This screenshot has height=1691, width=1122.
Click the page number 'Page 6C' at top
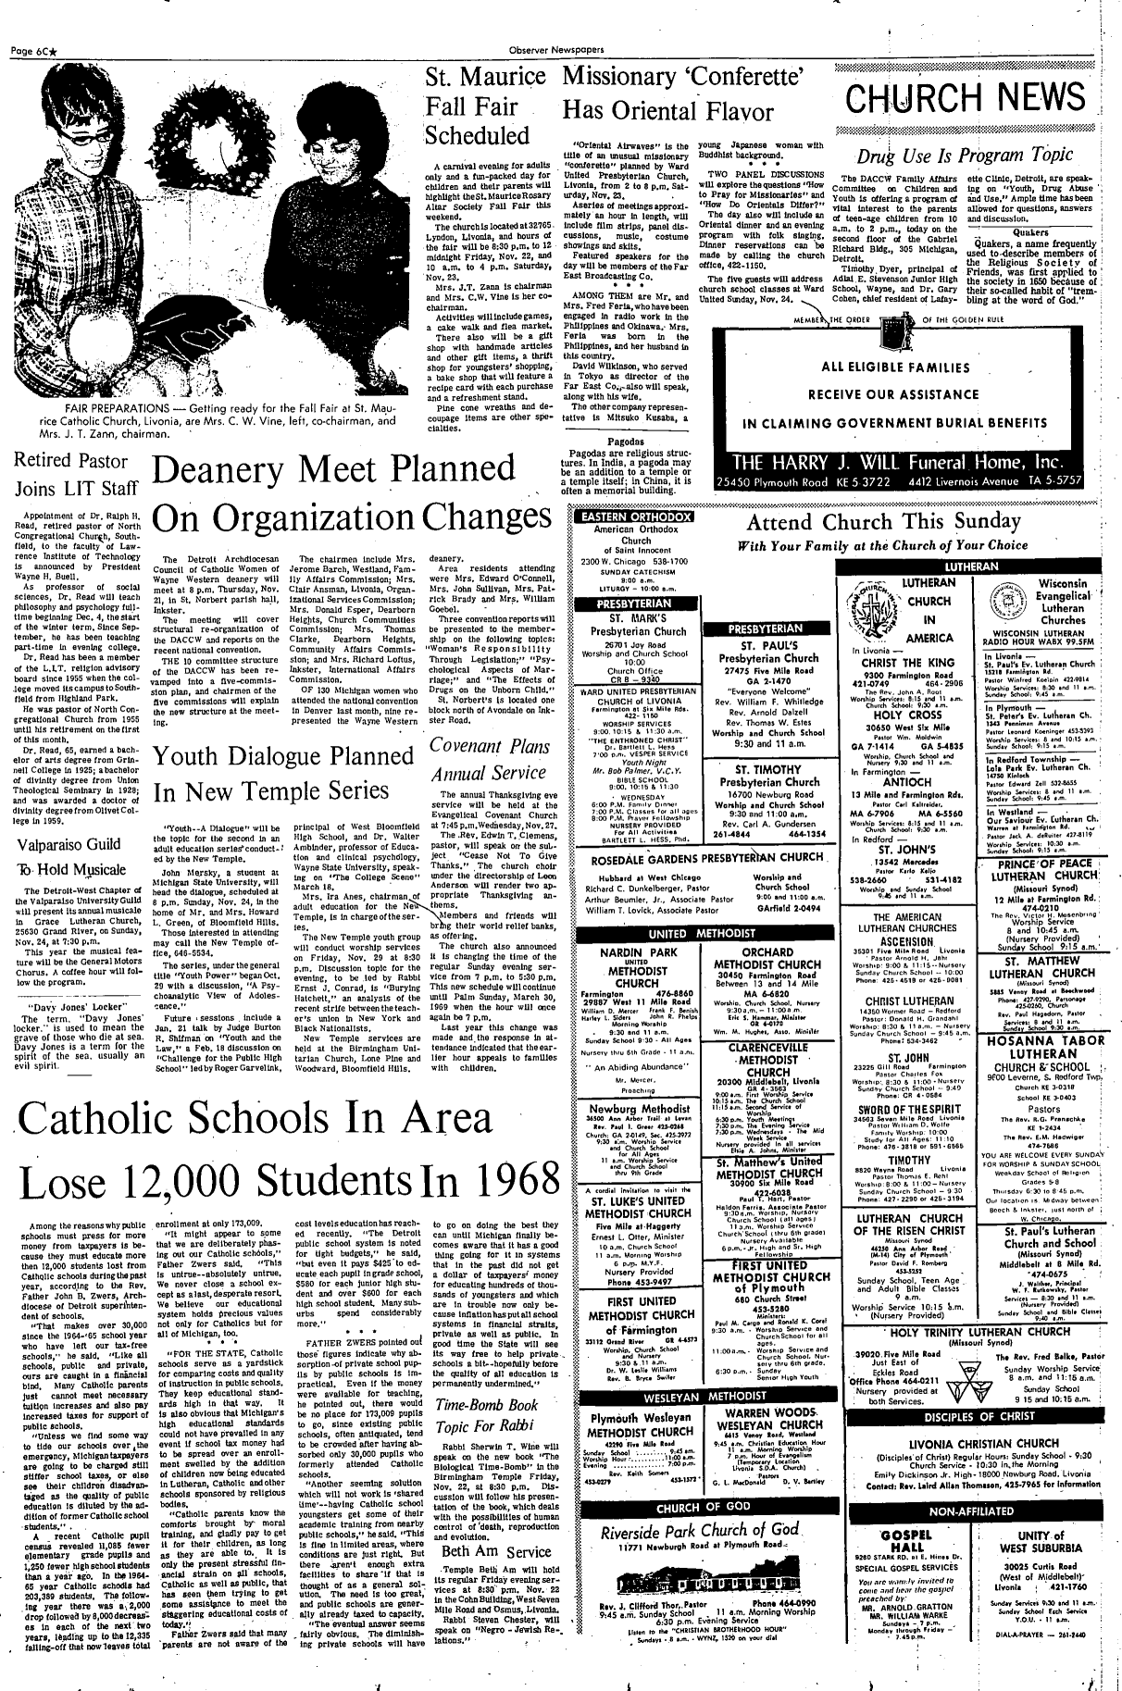37,10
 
